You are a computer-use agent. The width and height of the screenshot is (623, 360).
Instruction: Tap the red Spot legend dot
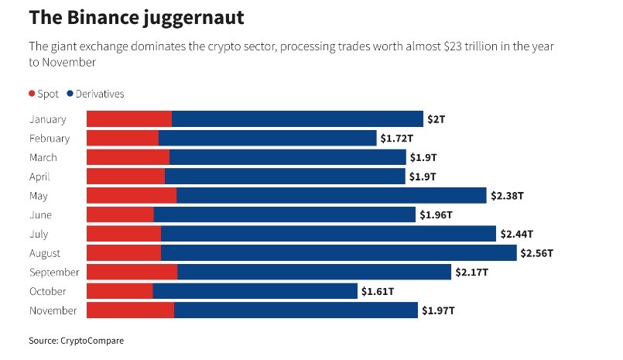tap(32, 94)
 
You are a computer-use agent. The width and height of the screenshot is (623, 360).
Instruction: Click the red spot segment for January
tap(128, 119)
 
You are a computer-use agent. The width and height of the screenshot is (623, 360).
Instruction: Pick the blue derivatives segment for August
tap(338, 253)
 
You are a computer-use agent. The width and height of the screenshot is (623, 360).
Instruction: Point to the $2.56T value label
tap(538, 253)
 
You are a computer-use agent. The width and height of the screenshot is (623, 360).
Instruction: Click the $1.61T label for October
tap(378, 291)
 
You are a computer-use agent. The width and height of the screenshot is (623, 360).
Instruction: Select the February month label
tap(50, 139)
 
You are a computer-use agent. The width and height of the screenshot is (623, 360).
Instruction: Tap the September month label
tap(54, 273)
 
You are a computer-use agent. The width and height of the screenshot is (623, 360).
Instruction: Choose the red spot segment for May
tap(131, 196)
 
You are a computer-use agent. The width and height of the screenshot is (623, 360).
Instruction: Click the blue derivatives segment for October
tap(255, 291)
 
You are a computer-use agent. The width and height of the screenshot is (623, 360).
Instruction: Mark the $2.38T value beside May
tap(507, 196)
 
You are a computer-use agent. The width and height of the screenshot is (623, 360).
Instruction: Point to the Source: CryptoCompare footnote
tap(76, 341)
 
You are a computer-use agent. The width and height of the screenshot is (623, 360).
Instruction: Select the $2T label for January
tap(436, 119)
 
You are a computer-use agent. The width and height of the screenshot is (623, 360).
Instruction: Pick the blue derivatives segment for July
tap(328, 234)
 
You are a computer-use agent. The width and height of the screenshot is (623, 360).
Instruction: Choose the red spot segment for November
tap(130, 310)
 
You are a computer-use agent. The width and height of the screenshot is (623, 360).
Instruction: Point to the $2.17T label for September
tap(472, 273)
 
